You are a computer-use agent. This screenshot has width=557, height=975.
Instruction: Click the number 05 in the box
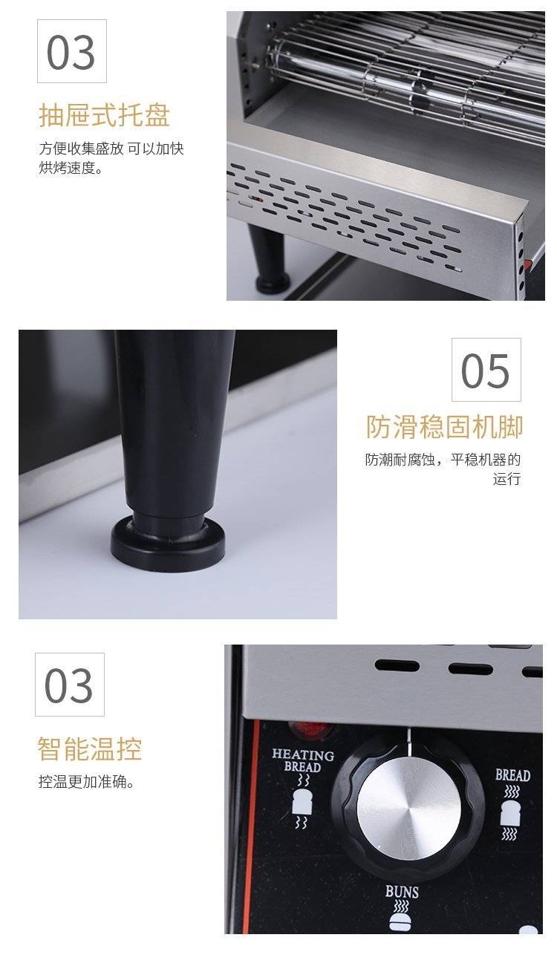(x=485, y=370)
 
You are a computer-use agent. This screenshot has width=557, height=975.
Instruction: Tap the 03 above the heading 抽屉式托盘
(x=71, y=52)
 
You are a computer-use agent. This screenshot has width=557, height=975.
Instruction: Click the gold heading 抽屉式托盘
(x=104, y=115)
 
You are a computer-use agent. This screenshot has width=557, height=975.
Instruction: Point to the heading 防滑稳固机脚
(x=444, y=426)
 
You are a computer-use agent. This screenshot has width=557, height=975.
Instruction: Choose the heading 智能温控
(x=90, y=749)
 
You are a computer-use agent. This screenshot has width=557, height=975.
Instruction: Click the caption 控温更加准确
(x=86, y=782)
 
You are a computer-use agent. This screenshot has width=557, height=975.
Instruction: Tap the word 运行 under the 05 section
(x=506, y=478)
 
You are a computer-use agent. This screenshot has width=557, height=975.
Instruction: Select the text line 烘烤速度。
(x=71, y=168)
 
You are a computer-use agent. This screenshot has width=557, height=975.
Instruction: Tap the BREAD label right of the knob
(x=513, y=775)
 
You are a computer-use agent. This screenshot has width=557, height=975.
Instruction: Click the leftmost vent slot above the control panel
(x=397, y=666)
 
